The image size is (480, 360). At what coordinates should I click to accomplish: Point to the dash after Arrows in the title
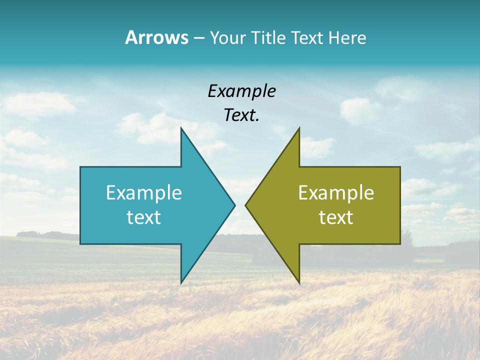point(198,38)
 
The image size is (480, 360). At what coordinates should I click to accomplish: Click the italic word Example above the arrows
point(241,91)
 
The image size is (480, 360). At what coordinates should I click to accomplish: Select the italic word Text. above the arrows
point(241,115)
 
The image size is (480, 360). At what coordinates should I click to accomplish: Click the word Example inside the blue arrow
point(144,192)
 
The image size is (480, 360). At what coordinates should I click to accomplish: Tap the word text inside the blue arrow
point(144,217)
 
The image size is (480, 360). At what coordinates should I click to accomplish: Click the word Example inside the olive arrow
point(336,192)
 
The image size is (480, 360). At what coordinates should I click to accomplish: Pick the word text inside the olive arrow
point(336,217)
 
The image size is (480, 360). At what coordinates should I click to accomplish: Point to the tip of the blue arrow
point(235,205)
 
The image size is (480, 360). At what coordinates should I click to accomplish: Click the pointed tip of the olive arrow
point(245,205)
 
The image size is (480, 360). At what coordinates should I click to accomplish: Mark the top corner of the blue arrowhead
point(181,128)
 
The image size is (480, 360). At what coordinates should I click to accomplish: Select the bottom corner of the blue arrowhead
point(181,283)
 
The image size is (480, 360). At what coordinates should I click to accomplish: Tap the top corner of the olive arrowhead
point(299,128)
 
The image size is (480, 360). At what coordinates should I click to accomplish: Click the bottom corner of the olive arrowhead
point(299,283)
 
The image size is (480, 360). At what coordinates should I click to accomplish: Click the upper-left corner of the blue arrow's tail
point(80,167)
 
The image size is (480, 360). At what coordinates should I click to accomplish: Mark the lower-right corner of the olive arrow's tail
point(400,244)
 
